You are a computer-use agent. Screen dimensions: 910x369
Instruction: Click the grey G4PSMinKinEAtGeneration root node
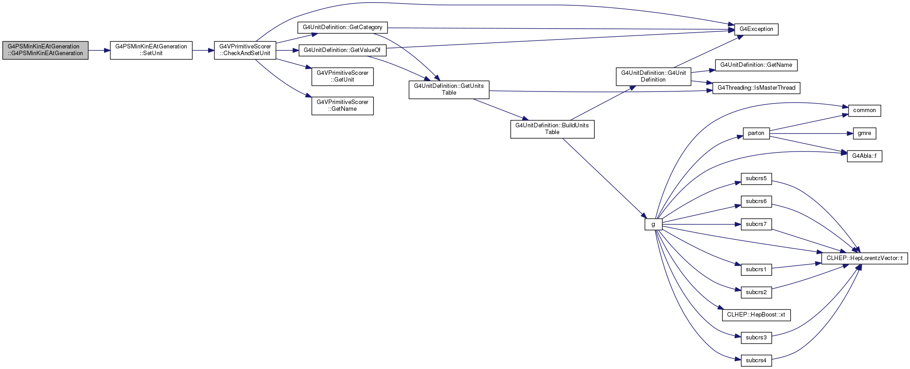tap(45, 50)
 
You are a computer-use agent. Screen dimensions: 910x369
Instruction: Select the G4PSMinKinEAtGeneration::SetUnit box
tap(151, 50)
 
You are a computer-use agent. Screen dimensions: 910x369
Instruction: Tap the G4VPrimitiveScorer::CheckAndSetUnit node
tap(245, 50)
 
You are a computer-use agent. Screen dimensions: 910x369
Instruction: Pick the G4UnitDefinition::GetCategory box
tap(343, 27)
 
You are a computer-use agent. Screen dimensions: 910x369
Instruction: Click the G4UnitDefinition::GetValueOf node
tap(342, 50)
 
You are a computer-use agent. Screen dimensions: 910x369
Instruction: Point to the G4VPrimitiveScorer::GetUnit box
tap(343, 77)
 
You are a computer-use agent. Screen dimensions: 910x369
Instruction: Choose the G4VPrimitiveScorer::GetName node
tap(343, 106)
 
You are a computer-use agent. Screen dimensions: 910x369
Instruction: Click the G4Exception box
tap(756, 29)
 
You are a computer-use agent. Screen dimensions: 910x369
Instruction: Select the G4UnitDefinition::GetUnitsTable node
tap(449, 90)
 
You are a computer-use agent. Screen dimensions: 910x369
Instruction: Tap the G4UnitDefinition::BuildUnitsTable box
tap(552, 129)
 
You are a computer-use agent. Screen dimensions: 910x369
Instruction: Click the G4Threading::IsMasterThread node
tap(756, 88)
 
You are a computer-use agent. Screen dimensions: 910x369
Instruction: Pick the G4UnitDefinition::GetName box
tap(756, 65)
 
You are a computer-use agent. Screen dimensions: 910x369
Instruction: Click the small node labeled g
tap(653, 224)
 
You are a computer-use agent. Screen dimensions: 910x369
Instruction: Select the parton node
tap(756, 133)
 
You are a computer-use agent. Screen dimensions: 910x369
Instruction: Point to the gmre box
tap(864, 133)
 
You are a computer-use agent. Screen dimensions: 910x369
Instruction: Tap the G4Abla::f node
tap(864, 156)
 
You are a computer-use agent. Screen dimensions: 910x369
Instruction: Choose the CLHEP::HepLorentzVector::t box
tap(864, 258)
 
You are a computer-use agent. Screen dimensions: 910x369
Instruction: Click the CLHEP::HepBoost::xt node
tap(756, 315)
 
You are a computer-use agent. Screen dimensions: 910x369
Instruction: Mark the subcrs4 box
tap(756, 360)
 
